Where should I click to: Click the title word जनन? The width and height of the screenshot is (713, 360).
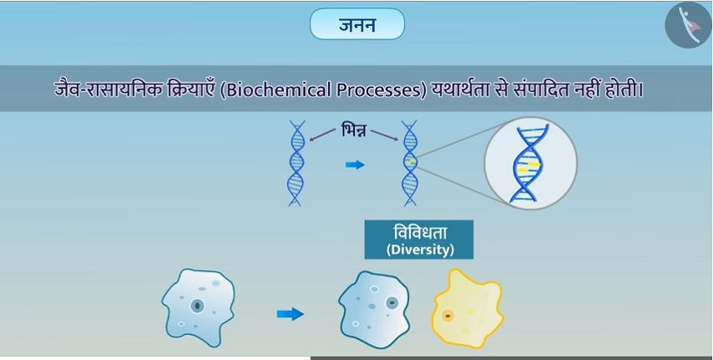point(357,24)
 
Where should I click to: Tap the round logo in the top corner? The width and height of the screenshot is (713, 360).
point(688,24)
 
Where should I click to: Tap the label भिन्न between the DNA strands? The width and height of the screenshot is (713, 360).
point(353,131)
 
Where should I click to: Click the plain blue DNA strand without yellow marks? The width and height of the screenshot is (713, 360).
point(295,163)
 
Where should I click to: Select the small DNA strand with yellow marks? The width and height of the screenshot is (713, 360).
point(410,163)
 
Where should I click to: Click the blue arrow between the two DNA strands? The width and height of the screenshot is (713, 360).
point(355,165)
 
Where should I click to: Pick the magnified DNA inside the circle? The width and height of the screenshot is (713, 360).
point(530,163)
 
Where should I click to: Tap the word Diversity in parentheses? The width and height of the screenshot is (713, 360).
point(419,251)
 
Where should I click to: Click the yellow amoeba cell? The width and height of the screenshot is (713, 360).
point(467,308)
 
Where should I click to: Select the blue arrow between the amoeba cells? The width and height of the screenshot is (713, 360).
point(290,314)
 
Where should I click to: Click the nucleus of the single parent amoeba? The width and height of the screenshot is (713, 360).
point(197,306)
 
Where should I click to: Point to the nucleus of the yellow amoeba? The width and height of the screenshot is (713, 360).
point(448,315)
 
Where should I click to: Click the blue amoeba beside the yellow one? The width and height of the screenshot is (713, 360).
point(374,310)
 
